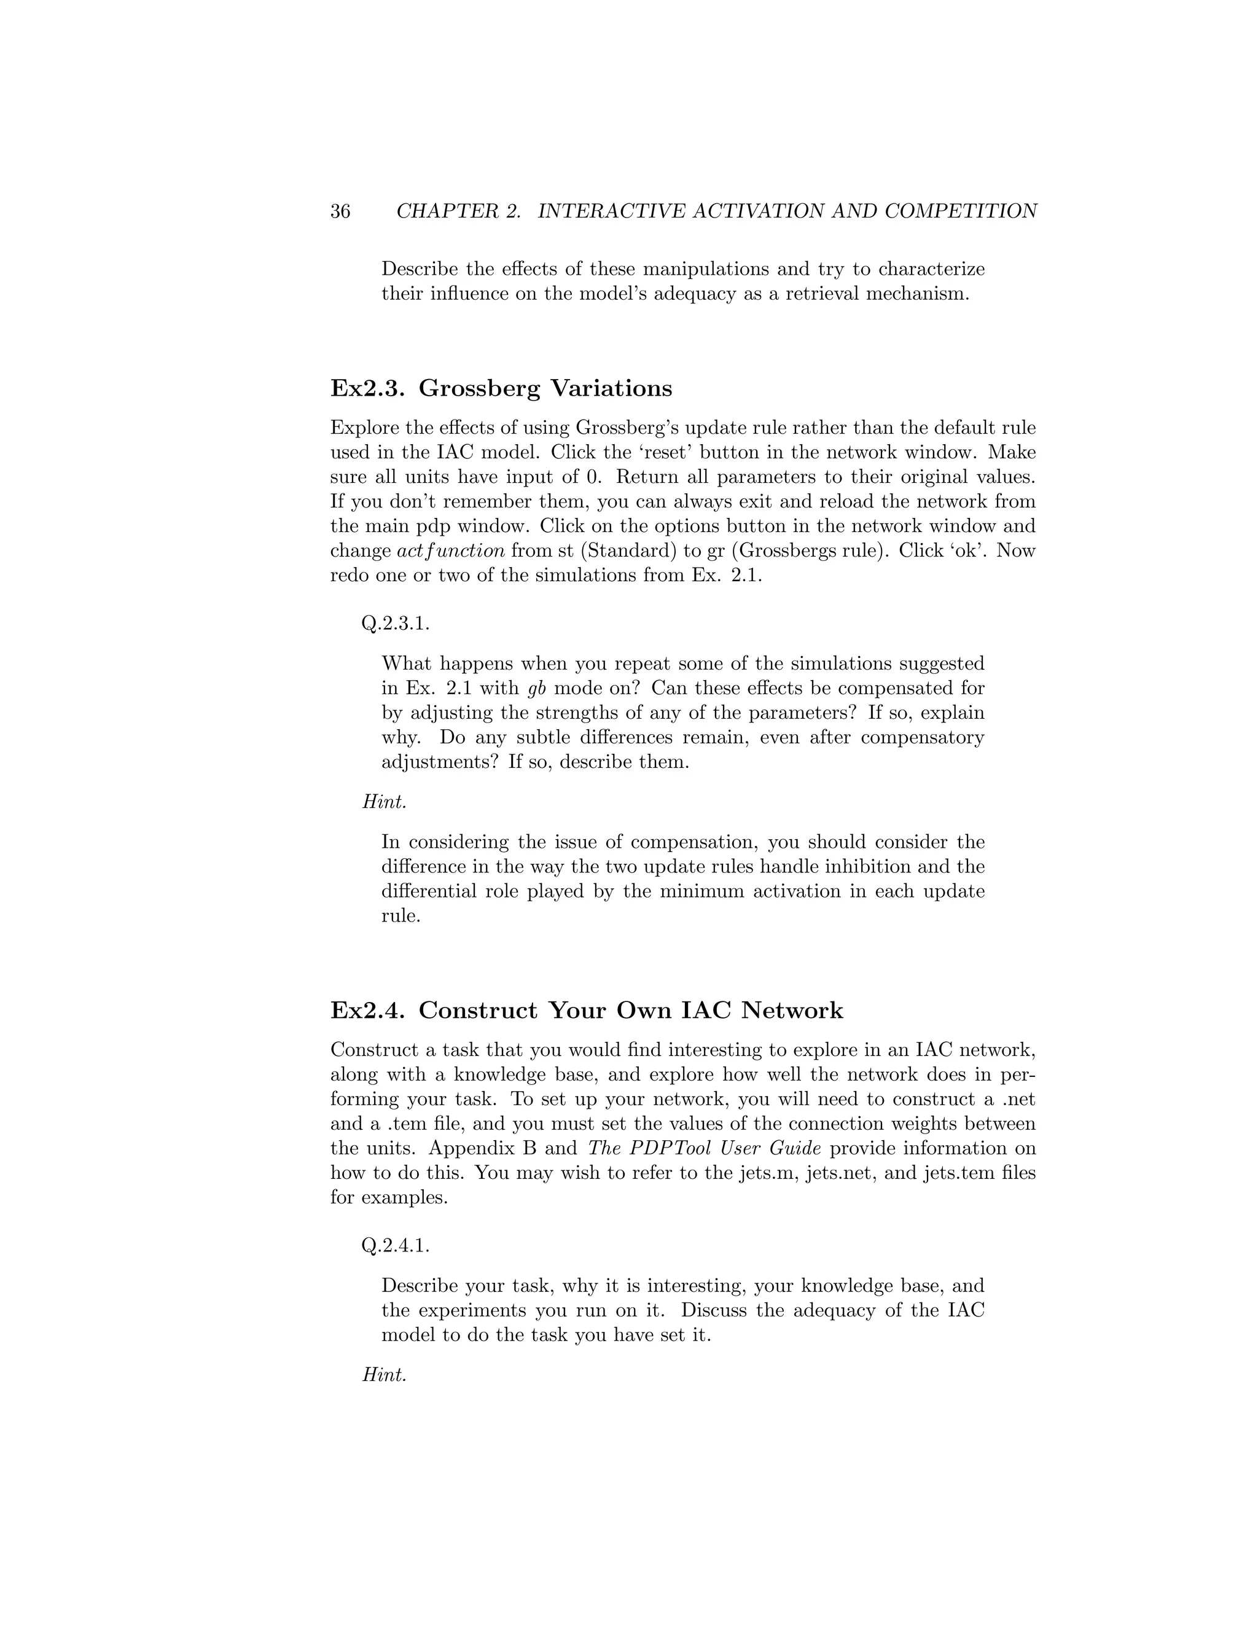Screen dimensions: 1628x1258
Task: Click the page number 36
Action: pyautogui.click(x=340, y=212)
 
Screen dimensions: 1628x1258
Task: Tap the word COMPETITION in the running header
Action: pyautogui.click(x=961, y=212)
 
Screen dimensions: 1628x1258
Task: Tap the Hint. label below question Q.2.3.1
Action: pyautogui.click(x=385, y=802)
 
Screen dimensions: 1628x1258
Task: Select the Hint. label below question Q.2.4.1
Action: pyautogui.click(x=385, y=1376)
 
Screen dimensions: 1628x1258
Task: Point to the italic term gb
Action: pyautogui.click(x=537, y=688)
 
